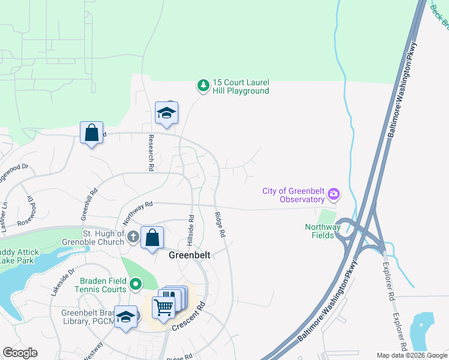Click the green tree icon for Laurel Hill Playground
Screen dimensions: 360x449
coord(203,86)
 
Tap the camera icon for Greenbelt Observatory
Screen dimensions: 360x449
coord(334,195)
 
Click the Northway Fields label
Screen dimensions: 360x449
coord(322,231)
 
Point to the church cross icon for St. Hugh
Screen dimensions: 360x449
coord(134,238)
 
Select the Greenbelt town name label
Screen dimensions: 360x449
coord(189,255)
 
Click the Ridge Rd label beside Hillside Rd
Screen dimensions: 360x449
coord(220,224)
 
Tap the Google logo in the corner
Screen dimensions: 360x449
coord(20,353)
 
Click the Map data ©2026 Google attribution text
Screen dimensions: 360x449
coord(411,355)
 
